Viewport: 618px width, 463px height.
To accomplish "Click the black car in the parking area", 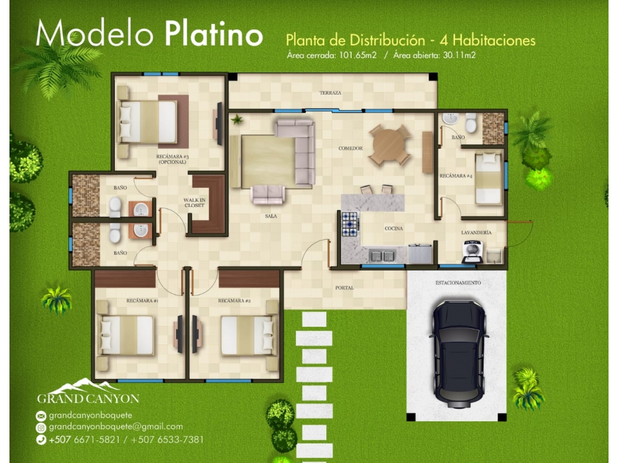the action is (x=459, y=353).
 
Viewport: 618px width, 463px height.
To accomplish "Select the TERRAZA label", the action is (x=330, y=93).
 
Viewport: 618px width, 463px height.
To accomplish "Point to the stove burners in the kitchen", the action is (x=350, y=225).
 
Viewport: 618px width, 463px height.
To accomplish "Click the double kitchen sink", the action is (x=383, y=256).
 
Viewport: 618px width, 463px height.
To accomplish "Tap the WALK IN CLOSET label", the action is (x=194, y=202).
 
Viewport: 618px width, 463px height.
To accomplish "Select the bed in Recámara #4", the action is (x=489, y=179).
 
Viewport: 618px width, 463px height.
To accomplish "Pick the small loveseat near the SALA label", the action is (x=268, y=194).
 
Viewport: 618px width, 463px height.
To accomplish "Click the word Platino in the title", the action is (x=213, y=35).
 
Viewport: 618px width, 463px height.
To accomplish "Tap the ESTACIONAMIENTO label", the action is (x=458, y=283).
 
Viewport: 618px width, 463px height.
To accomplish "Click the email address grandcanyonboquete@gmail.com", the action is (x=116, y=427).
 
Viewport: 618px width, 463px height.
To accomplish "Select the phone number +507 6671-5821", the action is (x=85, y=440).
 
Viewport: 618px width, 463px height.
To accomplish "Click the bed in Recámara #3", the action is (x=148, y=122).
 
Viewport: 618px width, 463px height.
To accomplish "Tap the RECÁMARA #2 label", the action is (x=234, y=301).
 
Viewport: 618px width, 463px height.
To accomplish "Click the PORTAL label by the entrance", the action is (x=345, y=288).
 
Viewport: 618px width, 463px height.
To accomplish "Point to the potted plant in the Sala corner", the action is (x=237, y=119).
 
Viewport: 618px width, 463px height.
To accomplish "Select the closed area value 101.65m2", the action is (x=358, y=55).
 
